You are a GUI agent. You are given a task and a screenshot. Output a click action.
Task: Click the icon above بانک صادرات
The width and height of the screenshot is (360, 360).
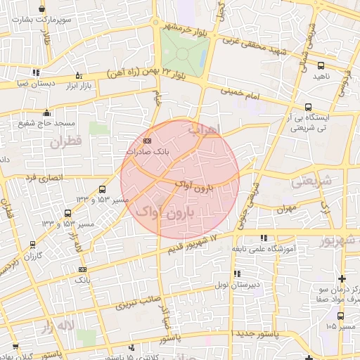146,141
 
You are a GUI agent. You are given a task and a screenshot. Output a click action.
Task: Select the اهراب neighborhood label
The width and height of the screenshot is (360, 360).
205,129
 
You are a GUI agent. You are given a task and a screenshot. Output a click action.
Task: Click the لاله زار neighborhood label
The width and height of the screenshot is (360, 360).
58,327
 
